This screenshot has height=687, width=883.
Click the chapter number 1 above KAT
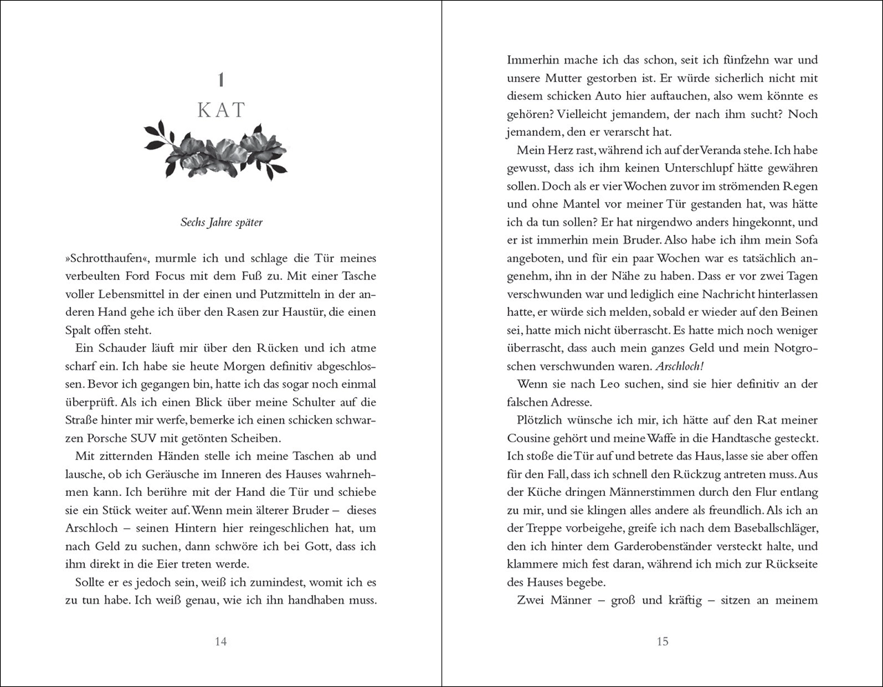(221, 80)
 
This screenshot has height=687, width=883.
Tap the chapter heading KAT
(221, 110)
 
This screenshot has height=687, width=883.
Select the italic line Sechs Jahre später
(221, 222)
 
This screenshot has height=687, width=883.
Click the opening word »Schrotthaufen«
(106, 258)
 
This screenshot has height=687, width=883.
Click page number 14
(221, 641)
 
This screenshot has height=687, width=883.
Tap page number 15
(662, 641)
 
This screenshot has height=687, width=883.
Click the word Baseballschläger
(766, 528)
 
